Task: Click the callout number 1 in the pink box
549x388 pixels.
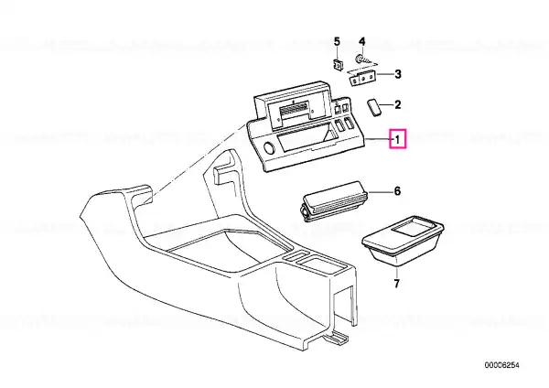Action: coord(397,139)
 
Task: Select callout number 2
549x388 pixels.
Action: coord(397,104)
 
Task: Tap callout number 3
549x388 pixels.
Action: coord(398,74)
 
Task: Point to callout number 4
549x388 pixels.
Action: coord(362,42)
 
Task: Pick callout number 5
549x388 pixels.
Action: coord(337,42)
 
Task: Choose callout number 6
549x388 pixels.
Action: coord(397,191)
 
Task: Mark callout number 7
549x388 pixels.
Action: coord(396,284)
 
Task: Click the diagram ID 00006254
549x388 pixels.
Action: coord(501,366)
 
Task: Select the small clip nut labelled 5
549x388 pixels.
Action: coord(338,65)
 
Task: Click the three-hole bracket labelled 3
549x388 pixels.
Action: coord(362,78)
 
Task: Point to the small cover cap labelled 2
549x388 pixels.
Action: coord(373,107)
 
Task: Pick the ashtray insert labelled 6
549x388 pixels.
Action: coord(334,203)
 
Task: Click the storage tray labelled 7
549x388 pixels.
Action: coord(403,241)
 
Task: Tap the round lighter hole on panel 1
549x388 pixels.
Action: coord(270,148)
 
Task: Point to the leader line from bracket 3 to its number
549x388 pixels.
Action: coord(384,74)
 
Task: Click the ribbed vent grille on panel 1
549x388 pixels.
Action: coord(294,110)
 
